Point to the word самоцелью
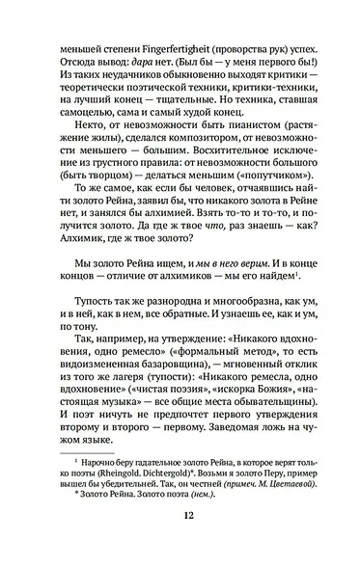coord(89,113)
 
